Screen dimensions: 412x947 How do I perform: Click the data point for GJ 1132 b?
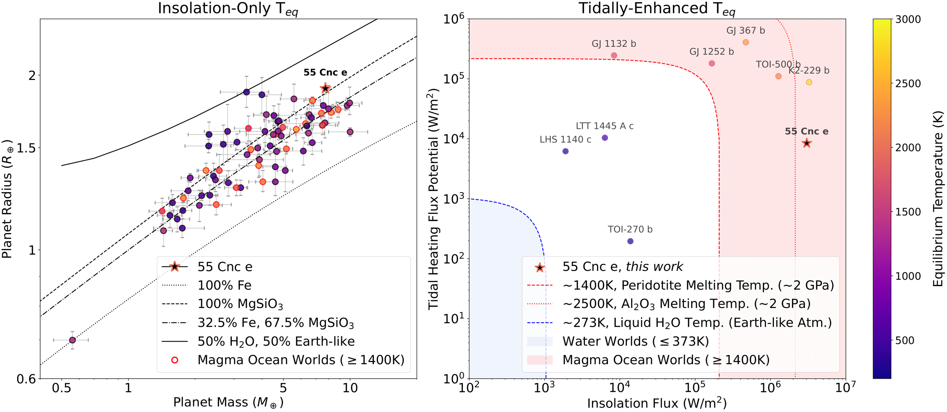[614, 56]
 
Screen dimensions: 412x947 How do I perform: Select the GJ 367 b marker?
[745, 42]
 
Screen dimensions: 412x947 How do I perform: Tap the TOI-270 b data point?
[630, 241]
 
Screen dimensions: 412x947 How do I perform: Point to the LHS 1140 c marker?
[566, 151]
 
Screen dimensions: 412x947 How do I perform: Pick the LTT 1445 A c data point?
[605, 138]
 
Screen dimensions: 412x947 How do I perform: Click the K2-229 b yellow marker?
[809, 82]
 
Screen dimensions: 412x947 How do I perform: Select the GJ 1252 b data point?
[712, 64]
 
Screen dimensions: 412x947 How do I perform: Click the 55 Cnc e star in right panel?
[806, 143]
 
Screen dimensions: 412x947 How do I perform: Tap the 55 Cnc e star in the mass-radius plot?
[325, 88]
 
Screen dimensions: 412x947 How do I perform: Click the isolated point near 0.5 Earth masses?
[72, 340]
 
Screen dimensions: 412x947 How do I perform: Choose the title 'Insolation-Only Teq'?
[228, 9]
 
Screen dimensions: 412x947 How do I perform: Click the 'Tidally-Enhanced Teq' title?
[656, 9]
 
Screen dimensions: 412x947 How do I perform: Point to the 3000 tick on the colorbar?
[908, 19]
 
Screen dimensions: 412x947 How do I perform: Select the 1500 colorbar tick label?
[908, 212]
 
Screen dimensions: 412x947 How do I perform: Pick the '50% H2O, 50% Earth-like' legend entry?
[276, 342]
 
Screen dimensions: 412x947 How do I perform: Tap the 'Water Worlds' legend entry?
[635, 342]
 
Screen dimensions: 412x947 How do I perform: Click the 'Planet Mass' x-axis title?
[228, 403]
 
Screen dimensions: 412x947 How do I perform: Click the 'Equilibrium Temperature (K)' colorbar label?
[938, 199]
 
